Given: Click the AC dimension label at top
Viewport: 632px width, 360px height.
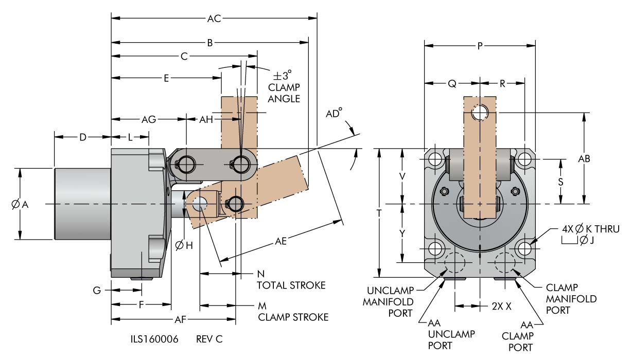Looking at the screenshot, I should (214, 19).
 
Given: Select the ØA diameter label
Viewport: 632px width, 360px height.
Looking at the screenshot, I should (19, 204).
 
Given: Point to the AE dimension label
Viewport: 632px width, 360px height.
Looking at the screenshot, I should (280, 241).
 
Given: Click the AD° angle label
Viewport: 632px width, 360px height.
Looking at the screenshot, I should (334, 115).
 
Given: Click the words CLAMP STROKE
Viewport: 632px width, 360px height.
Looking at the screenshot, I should (293, 317).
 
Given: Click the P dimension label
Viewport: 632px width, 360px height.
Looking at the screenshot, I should (480, 46).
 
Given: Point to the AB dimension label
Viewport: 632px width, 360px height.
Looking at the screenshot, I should (584, 159).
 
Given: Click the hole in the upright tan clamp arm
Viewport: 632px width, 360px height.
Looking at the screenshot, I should (481, 112).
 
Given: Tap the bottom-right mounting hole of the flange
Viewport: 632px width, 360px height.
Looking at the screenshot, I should (525, 249).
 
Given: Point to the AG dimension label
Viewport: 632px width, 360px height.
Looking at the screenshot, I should (149, 119).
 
